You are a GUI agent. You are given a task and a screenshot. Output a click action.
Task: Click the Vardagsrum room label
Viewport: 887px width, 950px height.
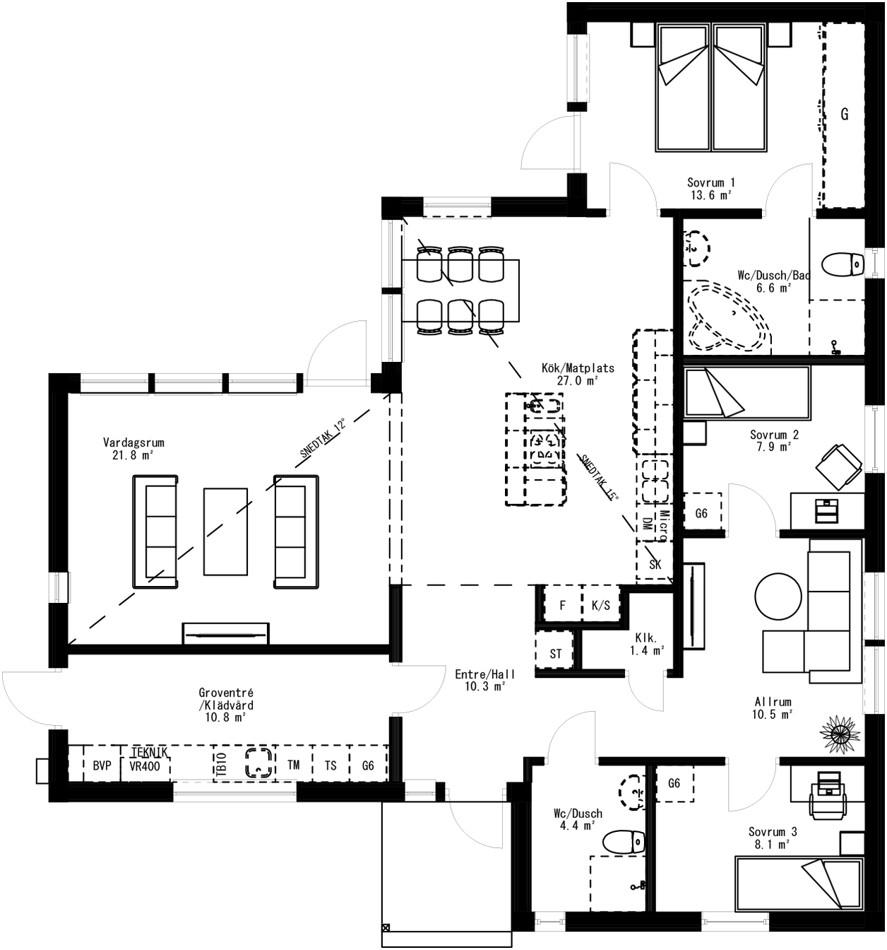coord(133,448)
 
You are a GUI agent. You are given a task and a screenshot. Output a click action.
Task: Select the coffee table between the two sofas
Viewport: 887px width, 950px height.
coord(225,531)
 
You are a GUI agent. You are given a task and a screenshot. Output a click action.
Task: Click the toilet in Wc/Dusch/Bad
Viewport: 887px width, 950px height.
coord(845,264)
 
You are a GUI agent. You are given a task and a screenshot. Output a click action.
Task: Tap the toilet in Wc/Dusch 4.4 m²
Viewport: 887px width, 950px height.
coord(624,841)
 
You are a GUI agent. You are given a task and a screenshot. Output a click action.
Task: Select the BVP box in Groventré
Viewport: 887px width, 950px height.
coord(102,766)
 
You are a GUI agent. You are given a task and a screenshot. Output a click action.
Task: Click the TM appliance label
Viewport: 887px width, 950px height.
coord(293,765)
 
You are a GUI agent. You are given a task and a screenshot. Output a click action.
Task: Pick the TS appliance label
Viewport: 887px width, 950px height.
coord(330,766)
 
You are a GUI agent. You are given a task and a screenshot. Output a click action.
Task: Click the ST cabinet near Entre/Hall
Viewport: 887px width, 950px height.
coord(556,653)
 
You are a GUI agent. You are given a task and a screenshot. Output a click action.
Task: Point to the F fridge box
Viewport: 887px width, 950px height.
coord(562,605)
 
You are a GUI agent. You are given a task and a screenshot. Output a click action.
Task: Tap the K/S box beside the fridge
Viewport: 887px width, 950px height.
coord(600,605)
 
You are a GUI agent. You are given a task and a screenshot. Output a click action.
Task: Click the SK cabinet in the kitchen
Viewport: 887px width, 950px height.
coord(655,564)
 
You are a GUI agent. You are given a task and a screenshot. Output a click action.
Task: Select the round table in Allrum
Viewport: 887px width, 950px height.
coord(779,596)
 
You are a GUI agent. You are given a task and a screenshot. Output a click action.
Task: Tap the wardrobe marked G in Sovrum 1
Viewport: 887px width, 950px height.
coord(844,115)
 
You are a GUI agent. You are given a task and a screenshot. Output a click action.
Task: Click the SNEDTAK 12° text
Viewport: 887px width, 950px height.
coord(323,439)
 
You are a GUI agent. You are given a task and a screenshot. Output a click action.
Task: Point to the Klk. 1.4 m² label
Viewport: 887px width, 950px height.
coord(646,643)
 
